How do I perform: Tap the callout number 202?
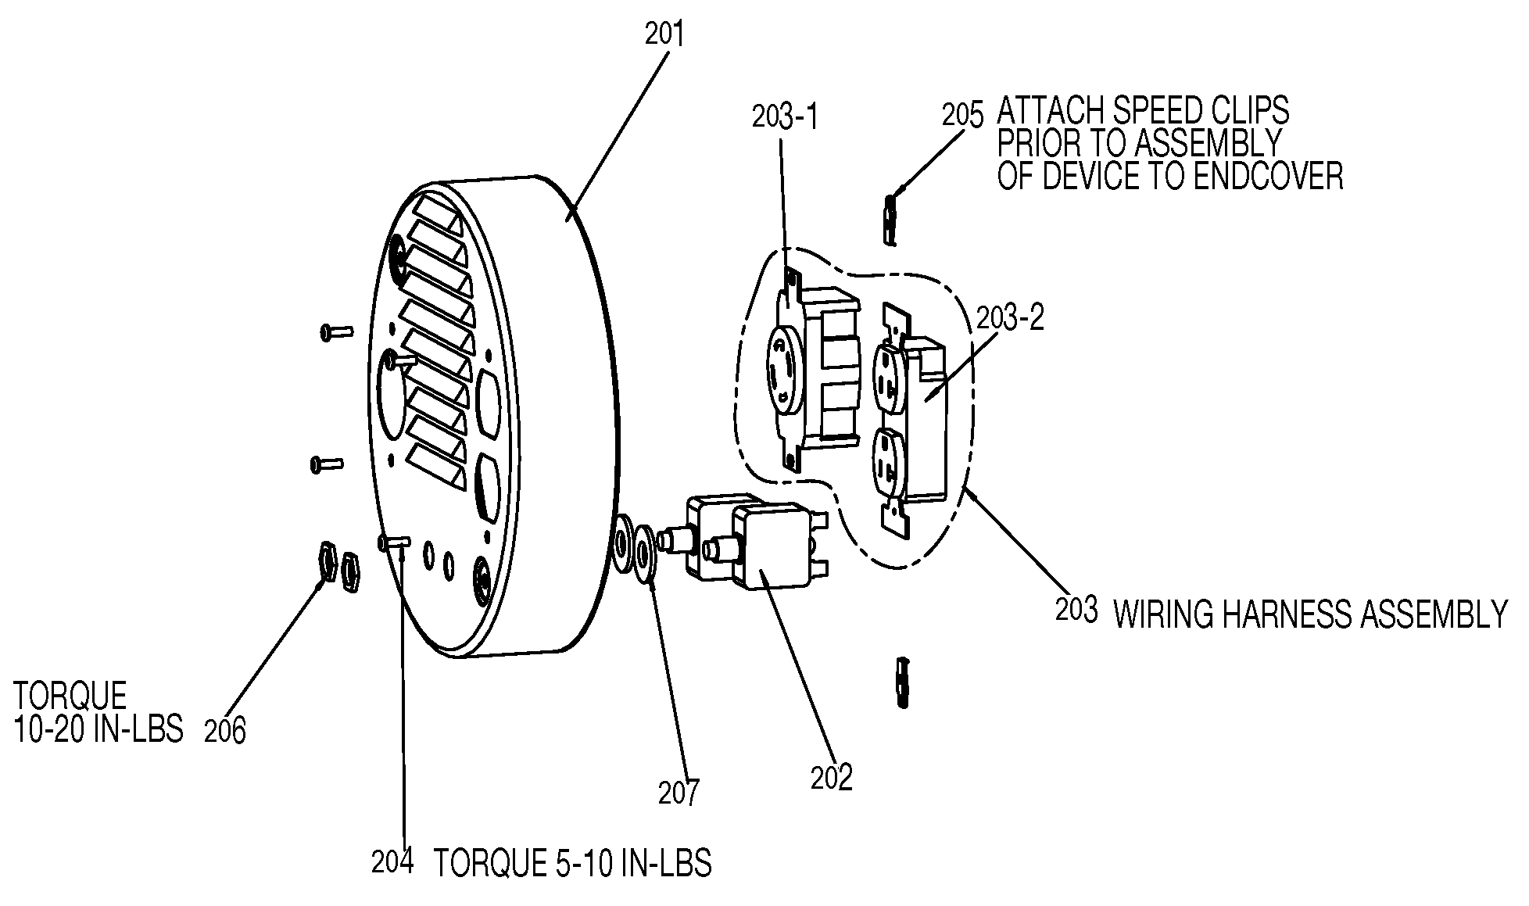pos(832,778)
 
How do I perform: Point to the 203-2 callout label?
pos(1011,318)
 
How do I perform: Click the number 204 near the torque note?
pos(392,864)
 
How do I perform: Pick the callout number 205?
pos(962,115)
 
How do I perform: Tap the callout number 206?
pos(225,731)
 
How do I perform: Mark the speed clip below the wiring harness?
pos(904,682)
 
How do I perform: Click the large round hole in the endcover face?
pos(396,395)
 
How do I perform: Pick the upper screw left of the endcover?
pos(336,332)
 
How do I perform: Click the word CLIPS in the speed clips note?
pos(1248,111)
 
